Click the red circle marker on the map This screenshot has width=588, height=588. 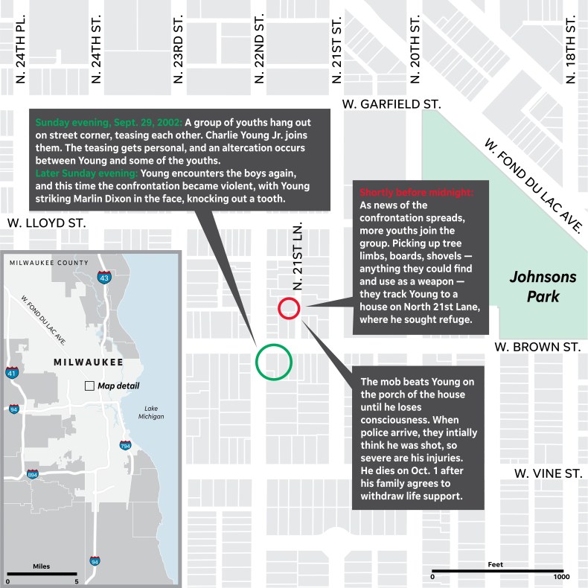coord(289,308)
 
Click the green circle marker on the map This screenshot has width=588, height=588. coord(274,361)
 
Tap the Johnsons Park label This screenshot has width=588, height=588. coord(543,287)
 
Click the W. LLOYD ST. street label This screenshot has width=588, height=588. coord(46,222)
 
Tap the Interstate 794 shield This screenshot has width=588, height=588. coord(125,445)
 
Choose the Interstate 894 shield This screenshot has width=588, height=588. coord(33,474)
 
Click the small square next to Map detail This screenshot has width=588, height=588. coord(89,386)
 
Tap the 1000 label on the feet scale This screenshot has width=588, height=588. coord(561,576)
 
